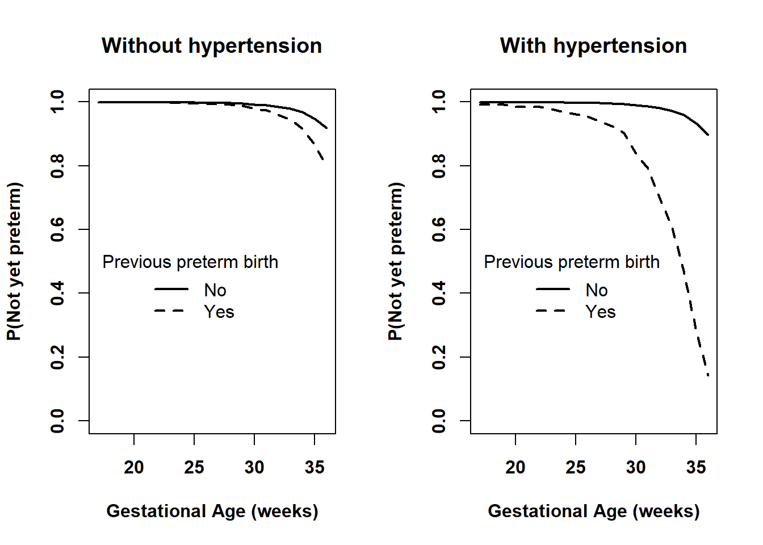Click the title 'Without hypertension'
tap(211, 45)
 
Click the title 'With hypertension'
tap(593, 45)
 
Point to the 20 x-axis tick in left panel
tap(134, 439)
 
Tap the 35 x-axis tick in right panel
tap(696, 439)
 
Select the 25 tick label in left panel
tap(194, 467)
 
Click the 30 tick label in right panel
tap(636, 467)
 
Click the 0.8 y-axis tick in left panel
tap(84, 166)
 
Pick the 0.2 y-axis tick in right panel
tap(466, 357)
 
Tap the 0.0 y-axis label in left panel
tap(57, 421)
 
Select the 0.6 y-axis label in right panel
tap(439, 229)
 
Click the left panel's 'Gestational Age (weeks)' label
tap(212, 511)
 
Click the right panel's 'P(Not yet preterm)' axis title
tap(395, 261)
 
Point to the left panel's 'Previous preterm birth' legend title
tap(190, 262)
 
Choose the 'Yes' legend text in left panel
tap(219, 312)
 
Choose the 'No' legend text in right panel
tap(597, 290)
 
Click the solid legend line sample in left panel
tap(171, 289)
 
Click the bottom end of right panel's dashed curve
tap(708, 375)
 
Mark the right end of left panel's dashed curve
tap(324, 160)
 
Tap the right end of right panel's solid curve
tap(708, 135)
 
